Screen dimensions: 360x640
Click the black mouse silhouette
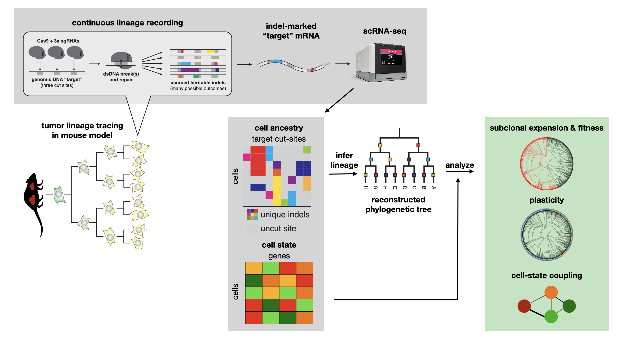pos(33,200)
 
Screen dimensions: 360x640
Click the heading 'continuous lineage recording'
pos(127,23)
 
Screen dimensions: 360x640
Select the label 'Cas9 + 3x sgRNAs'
pos(58,41)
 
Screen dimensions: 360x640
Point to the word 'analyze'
pos(459,165)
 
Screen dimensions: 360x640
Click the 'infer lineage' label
pos(344,160)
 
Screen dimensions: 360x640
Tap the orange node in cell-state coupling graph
pos(551,292)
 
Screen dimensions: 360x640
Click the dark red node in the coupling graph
pos(524,306)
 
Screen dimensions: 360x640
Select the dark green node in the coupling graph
pos(569,306)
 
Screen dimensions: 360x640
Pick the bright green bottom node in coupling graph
pos(551,316)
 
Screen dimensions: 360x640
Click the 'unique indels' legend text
pos(285,215)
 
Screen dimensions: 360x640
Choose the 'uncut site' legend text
pos(278,229)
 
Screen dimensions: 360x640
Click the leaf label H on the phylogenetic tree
pos(366,188)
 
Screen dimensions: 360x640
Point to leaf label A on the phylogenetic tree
pos(433,188)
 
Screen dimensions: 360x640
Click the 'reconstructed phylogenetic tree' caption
pos(398,204)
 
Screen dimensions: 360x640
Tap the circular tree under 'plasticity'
pos(547,234)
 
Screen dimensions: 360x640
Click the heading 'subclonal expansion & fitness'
pos(546,128)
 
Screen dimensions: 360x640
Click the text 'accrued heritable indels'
pos(198,83)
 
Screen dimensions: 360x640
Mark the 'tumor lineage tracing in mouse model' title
pos(82,130)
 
